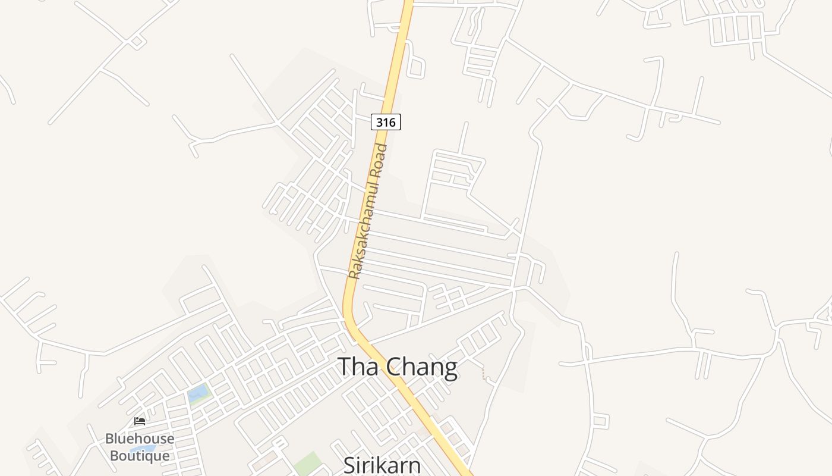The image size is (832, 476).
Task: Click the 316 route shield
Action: [x=386, y=122]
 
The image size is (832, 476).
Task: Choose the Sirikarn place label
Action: [x=382, y=465]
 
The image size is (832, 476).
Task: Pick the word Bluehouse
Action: [x=140, y=439]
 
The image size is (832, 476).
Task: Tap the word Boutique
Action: [x=140, y=456]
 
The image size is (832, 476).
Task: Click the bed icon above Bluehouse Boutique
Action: [x=140, y=421]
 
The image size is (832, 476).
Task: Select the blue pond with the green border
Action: [x=198, y=393]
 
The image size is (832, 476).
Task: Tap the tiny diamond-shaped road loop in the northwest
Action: [x=137, y=42]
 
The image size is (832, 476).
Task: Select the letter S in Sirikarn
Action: [x=350, y=465]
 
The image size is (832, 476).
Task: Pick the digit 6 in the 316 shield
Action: [x=392, y=123]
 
